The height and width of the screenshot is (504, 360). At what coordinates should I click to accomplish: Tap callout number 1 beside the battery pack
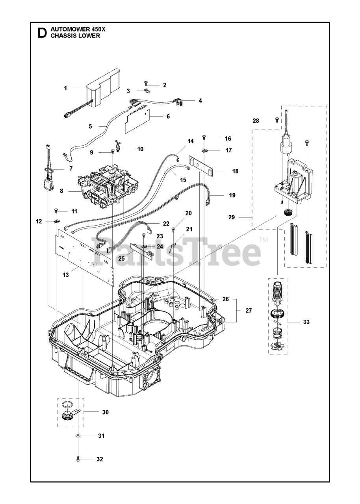click(x=65, y=88)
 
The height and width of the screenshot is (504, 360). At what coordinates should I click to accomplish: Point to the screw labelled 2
click(x=146, y=83)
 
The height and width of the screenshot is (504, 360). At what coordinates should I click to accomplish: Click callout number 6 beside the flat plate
click(x=168, y=116)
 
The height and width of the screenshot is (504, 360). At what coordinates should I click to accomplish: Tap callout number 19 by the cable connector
click(x=232, y=195)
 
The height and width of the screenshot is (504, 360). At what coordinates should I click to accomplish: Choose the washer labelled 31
click(x=78, y=436)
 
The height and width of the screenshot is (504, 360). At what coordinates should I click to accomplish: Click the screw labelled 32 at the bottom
click(x=78, y=459)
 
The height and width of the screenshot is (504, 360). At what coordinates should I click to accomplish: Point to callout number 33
click(x=306, y=322)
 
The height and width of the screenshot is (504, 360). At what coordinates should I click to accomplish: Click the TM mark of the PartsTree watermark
click(x=264, y=240)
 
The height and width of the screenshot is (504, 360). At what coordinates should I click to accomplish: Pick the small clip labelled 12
click(x=56, y=221)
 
